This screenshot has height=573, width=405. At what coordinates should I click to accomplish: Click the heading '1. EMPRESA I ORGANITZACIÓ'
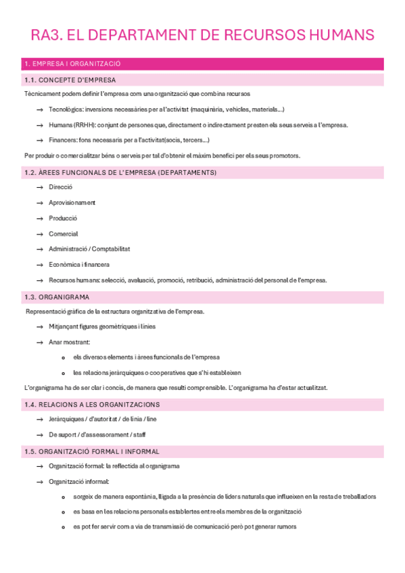tap(72, 64)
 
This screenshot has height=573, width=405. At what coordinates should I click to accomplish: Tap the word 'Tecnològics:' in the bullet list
tap(66, 109)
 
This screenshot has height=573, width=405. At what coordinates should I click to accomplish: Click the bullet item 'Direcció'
tap(60, 187)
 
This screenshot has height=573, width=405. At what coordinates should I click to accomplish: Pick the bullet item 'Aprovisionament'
tap(72, 203)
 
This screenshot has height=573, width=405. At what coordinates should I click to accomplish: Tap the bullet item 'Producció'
tap(63, 218)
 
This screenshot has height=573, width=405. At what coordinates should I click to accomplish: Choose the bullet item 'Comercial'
tap(64, 234)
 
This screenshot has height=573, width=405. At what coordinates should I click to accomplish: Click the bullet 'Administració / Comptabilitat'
tap(89, 249)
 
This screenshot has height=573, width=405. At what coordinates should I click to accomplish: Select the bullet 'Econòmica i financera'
tap(79, 264)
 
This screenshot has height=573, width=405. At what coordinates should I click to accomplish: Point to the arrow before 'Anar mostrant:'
tap(41, 342)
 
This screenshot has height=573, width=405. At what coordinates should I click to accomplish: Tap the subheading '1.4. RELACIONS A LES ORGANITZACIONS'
tap(91, 404)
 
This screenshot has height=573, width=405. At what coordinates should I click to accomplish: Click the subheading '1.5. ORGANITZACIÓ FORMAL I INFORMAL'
tap(91, 451)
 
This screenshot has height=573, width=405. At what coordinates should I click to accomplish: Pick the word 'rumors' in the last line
tap(286, 527)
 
